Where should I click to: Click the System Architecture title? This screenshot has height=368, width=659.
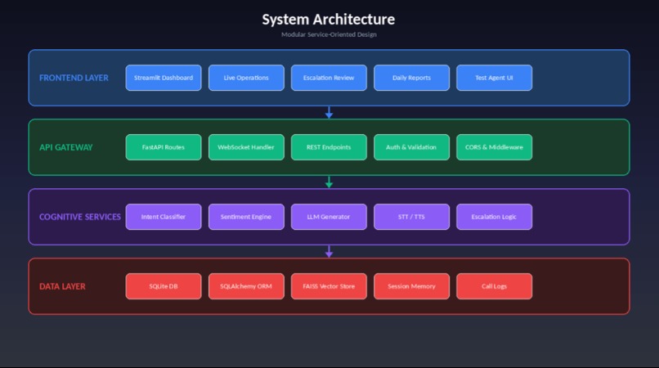tap(329, 20)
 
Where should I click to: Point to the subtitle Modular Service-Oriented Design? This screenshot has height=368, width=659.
tap(329, 34)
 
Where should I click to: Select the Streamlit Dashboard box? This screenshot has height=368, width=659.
tap(164, 78)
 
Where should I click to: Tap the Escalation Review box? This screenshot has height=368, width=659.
tap(329, 78)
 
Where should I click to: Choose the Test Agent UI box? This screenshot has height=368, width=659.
tap(494, 78)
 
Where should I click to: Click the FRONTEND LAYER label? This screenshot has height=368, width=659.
tap(74, 78)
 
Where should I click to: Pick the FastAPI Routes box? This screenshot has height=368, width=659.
tap(164, 147)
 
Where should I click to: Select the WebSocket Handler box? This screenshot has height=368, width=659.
tap(246, 147)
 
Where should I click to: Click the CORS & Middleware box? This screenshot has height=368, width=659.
tap(494, 147)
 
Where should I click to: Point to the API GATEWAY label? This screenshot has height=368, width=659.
tap(66, 147)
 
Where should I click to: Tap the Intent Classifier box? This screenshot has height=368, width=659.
tap(164, 217)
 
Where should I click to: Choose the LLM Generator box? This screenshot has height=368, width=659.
tap(329, 217)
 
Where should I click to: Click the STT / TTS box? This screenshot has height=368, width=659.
tap(411, 217)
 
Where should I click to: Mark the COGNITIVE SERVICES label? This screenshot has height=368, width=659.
tap(80, 217)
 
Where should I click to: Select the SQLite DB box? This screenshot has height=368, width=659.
tap(164, 286)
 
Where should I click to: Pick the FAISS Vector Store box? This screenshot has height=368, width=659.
tap(329, 286)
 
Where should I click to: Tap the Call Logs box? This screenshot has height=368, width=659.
tap(494, 286)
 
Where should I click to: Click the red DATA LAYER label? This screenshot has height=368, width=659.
tap(62, 286)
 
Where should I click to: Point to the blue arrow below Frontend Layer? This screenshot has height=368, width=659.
tap(329, 112)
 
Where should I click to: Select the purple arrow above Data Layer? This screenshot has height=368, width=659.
tap(329, 252)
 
